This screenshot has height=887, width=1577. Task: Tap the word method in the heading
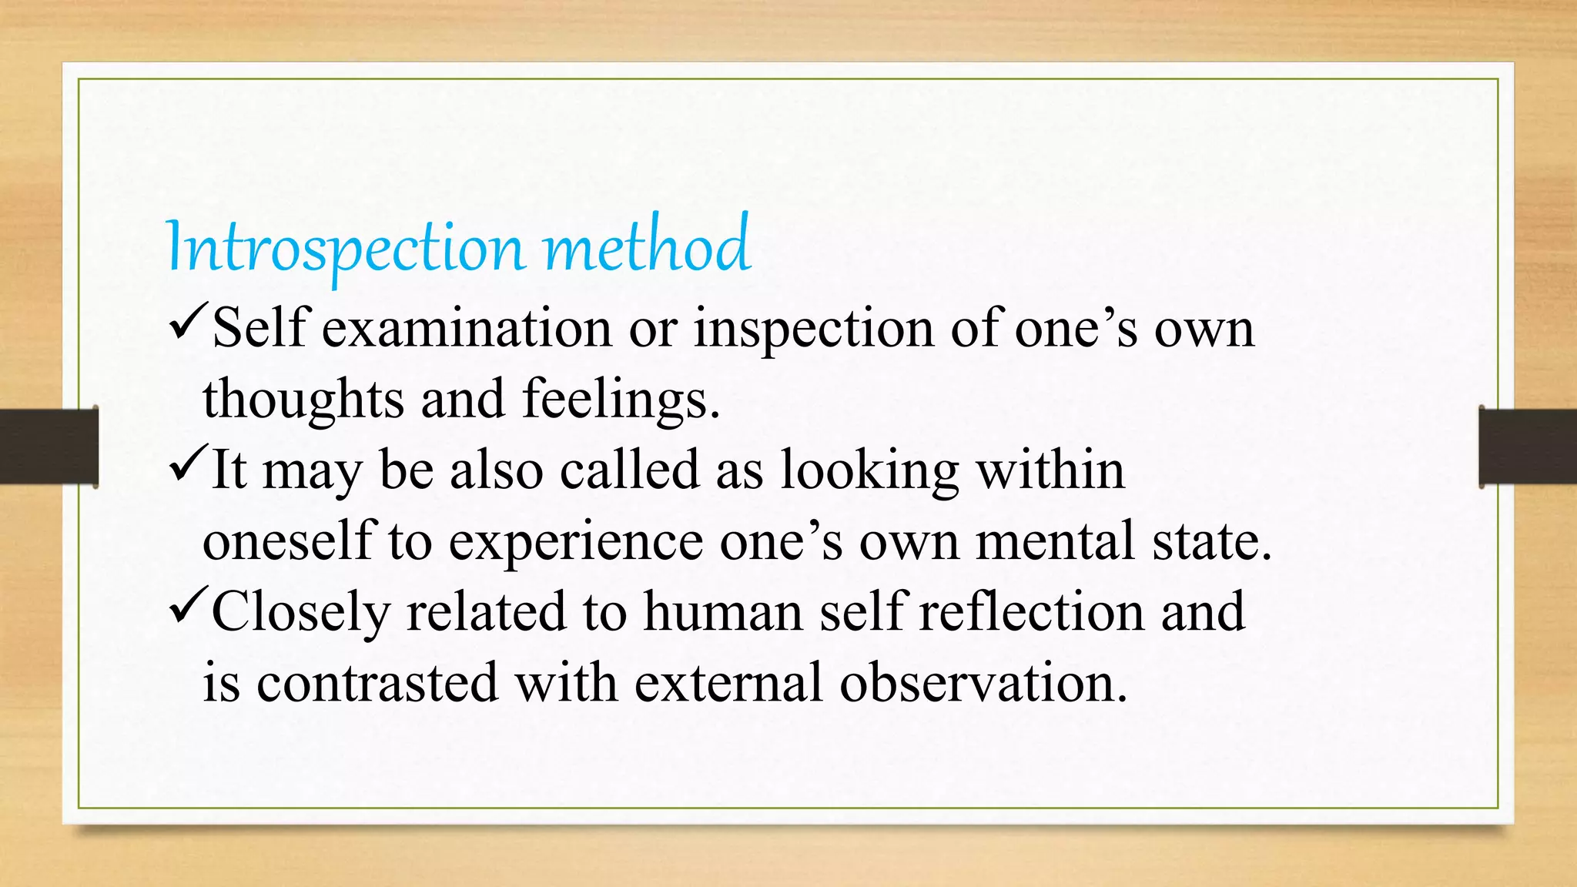click(x=647, y=246)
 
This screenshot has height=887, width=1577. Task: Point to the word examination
click(x=467, y=329)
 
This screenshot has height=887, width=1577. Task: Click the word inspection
click(x=814, y=329)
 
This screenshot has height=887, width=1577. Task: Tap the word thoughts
click(x=303, y=400)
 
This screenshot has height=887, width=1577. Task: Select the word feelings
click(x=621, y=400)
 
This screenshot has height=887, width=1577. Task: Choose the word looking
click(x=870, y=470)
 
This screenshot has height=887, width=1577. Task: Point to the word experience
click(x=575, y=542)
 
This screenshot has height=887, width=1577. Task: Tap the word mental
click(x=1055, y=541)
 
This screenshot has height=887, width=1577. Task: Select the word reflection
click(x=1032, y=612)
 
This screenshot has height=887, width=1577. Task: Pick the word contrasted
click(x=377, y=683)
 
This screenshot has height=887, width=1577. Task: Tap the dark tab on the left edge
click(x=49, y=447)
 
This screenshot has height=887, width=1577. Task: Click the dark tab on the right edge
click(x=1528, y=447)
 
